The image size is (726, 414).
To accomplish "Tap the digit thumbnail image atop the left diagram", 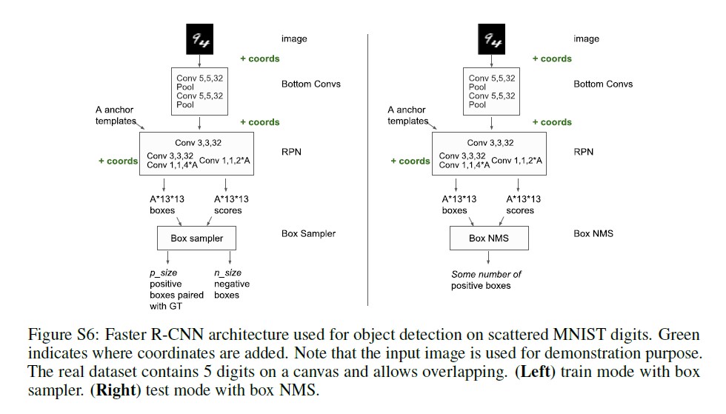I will coord(196,39).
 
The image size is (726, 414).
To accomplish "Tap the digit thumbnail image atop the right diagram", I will coord(490,39).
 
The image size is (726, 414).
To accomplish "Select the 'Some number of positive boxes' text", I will coord(486,280).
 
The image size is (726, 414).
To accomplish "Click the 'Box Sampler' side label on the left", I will coord(308,234).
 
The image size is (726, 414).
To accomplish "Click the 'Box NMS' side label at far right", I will coord(593,234).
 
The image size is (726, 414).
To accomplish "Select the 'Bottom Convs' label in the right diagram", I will coord(603,84).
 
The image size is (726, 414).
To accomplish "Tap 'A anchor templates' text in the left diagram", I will coord(115,116).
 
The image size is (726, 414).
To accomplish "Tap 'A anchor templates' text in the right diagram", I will coord(407,116).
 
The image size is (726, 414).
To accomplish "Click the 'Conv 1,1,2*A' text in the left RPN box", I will coord(226,161).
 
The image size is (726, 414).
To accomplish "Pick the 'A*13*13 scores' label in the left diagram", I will coord(231,204).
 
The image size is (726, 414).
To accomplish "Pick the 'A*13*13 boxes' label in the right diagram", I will coord(459,204).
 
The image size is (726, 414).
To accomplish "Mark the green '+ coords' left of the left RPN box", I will coord(118,161).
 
